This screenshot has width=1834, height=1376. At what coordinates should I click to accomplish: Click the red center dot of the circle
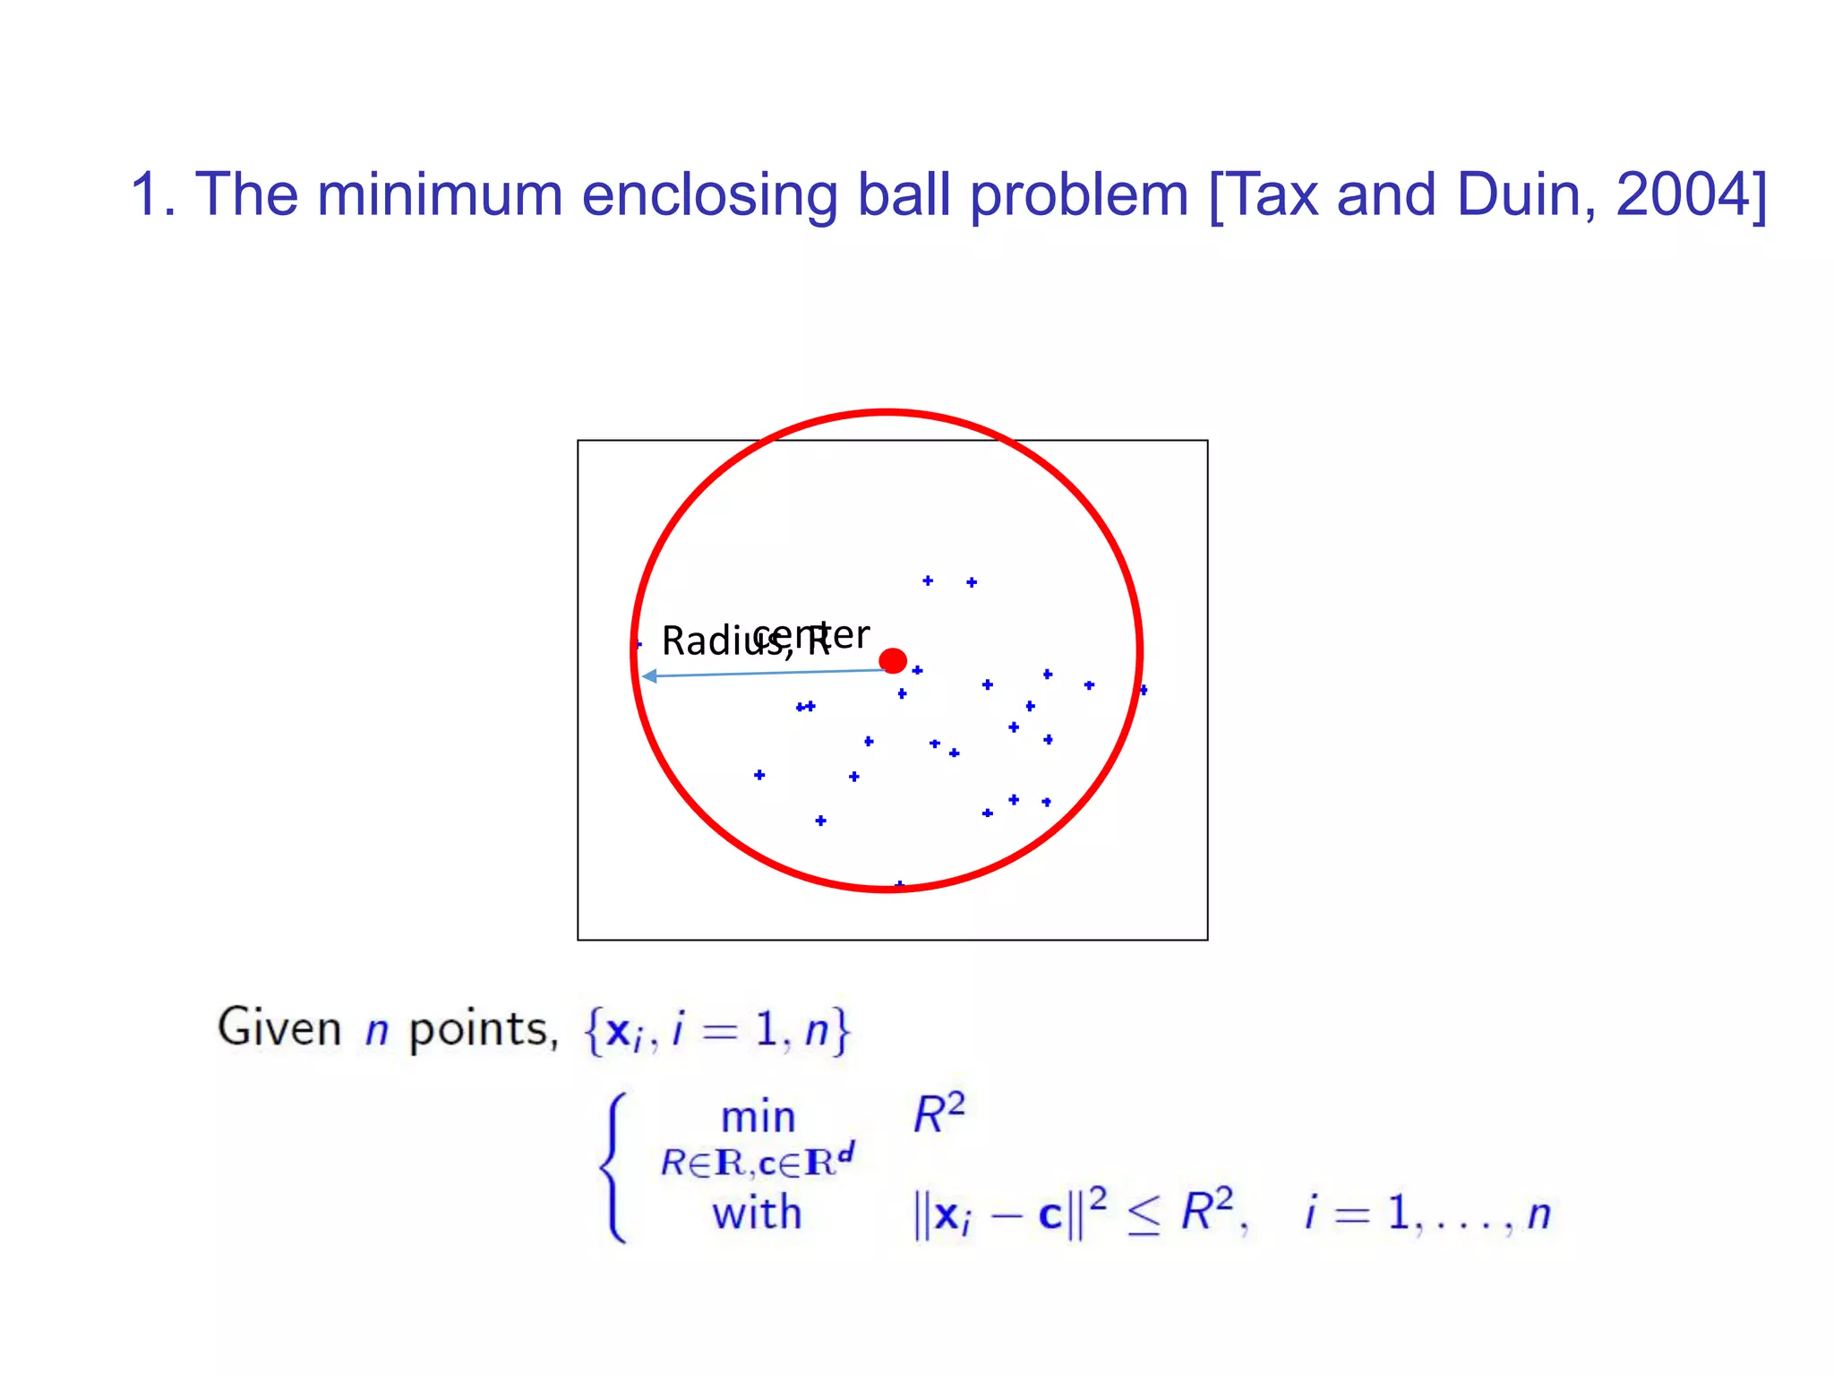pos(893,661)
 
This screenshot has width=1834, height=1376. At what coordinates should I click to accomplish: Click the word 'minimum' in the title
pos(439,194)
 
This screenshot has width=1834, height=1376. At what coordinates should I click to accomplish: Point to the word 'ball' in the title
pos(904,194)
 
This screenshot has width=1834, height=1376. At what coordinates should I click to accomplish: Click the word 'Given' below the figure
pos(279,1028)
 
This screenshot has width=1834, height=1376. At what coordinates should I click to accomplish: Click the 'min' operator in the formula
pos(758,1117)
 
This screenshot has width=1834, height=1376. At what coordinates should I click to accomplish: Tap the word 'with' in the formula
pos(757,1213)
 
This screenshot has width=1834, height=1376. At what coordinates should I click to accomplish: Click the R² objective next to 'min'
pos(938,1114)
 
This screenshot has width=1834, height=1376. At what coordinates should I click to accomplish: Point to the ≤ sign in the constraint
pos(1144,1216)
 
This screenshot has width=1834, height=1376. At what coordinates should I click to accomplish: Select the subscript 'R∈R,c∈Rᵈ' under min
pos(758,1162)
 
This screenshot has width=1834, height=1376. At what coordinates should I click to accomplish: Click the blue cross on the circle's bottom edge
pos(899,885)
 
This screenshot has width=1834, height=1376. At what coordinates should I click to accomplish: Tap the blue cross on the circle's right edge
pos(1143,690)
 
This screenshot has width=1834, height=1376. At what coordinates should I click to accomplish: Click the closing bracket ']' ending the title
pos(1758,196)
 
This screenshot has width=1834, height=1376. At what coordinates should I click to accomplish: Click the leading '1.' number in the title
pos(152,194)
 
